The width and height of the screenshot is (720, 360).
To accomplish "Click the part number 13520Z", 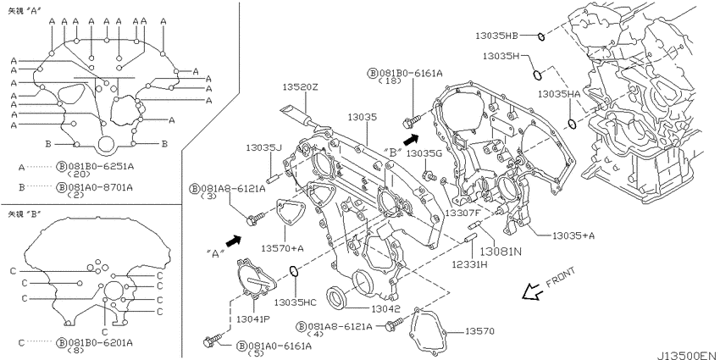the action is pos(300,87).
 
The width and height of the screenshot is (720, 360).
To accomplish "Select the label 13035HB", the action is pos(496,35).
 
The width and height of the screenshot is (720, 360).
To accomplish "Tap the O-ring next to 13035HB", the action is pos(541,36).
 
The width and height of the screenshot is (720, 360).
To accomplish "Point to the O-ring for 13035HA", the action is pos(572,124).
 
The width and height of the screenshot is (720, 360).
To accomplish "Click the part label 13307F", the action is pos(462,213).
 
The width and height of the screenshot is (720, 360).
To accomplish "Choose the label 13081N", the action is pos(501,252).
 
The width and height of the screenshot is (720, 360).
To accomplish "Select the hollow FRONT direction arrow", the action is pos(532,291).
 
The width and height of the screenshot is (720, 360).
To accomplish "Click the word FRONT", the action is pos(560,279).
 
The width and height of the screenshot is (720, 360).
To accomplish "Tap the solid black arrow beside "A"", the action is pos(234,241).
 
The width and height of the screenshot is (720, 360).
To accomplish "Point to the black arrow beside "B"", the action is pos(412,138).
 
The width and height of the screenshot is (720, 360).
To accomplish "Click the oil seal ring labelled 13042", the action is pos(337,297).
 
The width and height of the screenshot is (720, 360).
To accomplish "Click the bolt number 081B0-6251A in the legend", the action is pos(100,167).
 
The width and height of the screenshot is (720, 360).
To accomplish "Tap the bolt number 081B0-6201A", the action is pos(100,342).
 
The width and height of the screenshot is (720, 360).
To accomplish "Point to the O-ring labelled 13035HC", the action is pos(294,272).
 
